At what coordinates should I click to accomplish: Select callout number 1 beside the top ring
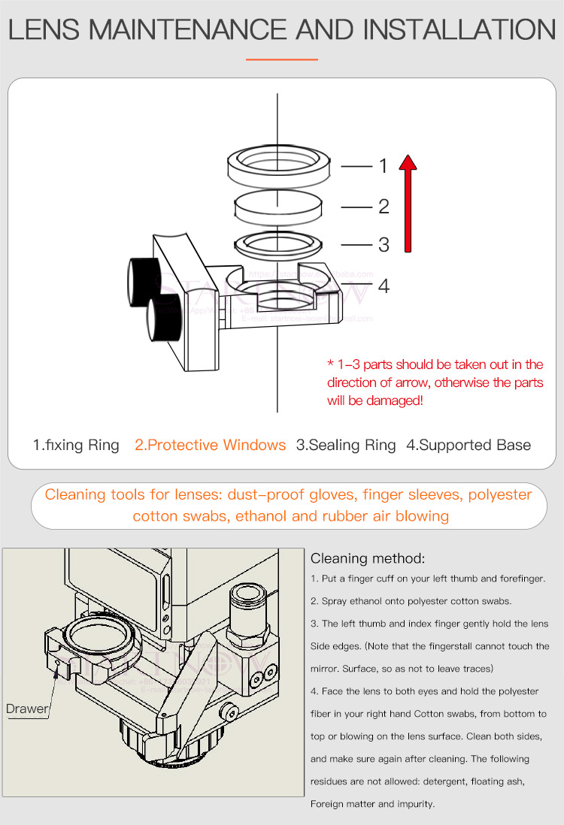pyautogui.click(x=383, y=166)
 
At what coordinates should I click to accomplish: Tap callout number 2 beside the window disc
pyautogui.click(x=383, y=206)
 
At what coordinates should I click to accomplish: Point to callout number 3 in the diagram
pyautogui.click(x=384, y=244)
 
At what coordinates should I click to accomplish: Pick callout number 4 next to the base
pyautogui.click(x=384, y=286)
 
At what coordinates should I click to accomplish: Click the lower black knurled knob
pyautogui.click(x=165, y=319)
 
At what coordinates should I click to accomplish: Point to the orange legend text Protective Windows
pyautogui.click(x=211, y=445)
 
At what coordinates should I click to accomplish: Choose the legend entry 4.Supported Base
pyautogui.click(x=468, y=445)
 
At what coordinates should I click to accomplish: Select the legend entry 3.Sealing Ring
pyautogui.click(x=346, y=445)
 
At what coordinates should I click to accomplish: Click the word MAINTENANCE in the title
pyautogui.click(x=193, y=29)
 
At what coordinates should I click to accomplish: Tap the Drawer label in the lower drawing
pyautogui.click(x=27, y=709)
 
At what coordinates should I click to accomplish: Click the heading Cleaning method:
pyautogui.click(x=368, y=558)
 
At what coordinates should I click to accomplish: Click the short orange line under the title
pyautogui.click(x=282, y=59)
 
